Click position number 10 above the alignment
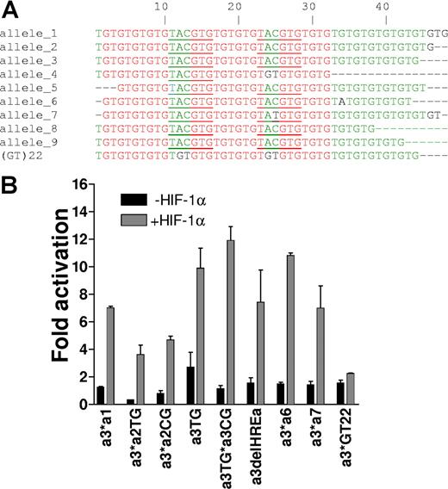tap(163, 6)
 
